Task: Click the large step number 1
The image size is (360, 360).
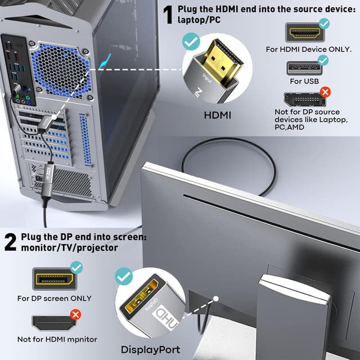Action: pos(167,15)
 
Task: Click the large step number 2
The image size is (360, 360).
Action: pos(10,242)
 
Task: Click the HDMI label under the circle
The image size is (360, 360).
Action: pos(217,115)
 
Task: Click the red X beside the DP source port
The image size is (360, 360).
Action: pos(325,92)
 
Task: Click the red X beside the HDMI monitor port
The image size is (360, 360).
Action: pos(75,314)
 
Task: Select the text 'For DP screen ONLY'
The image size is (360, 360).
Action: pos(54,298)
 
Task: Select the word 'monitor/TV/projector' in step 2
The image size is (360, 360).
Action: pos(69,247)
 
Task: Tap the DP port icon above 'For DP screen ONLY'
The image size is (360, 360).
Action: pos(54,279)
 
